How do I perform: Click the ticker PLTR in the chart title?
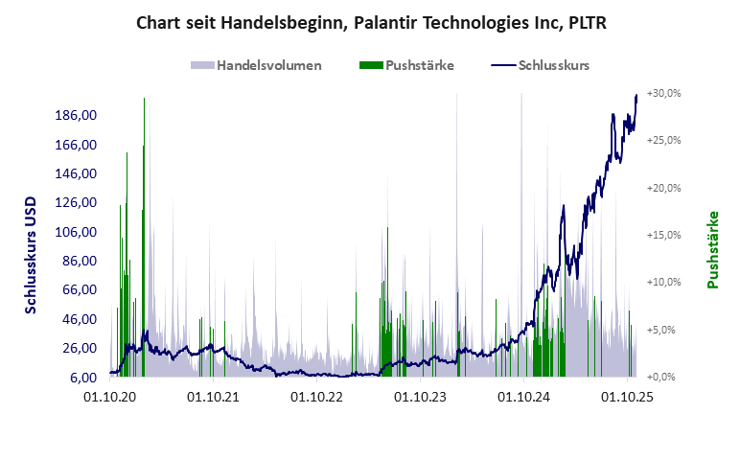click(584, 21)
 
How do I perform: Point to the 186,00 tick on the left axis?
click(78, 116)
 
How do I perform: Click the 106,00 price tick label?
click(78, 232)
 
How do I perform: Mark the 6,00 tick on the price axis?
click(84, 377)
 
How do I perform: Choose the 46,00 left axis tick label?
click(81, 319)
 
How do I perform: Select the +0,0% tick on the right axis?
click(665, 377)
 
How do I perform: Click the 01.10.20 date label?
click(110, 395)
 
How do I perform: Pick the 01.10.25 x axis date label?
click(626, 395)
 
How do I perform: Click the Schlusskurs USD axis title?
click(31, 255)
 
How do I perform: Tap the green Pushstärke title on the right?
click(712, 249)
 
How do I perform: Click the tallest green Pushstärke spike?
click(144, 100)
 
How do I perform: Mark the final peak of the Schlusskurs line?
click(636, 95)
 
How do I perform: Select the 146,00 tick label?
click(78, 174)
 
